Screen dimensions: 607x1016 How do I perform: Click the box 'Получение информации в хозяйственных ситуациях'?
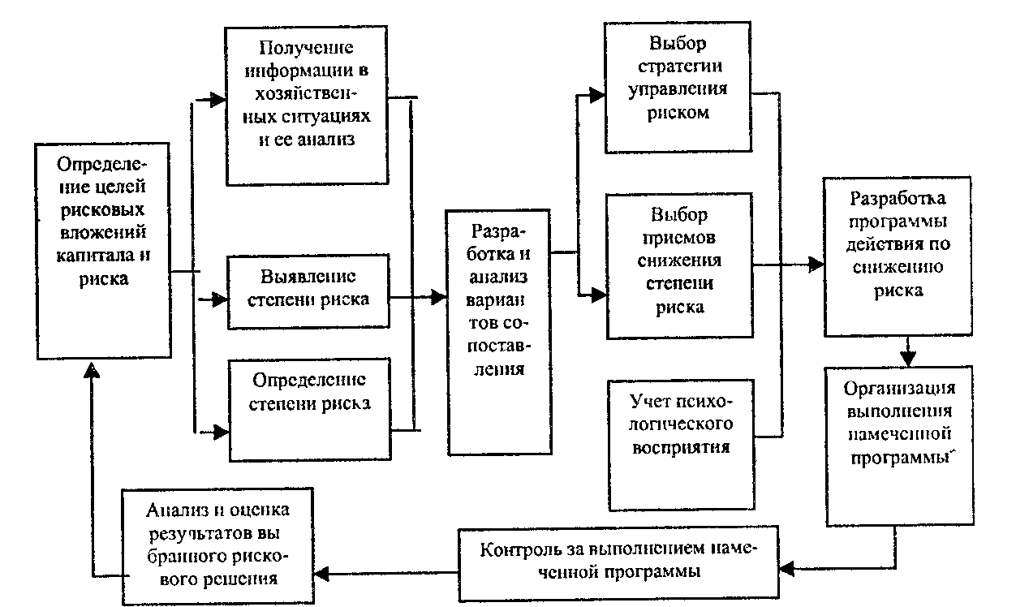click(306, 105)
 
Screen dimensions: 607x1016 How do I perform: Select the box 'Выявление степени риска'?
click(308, 287)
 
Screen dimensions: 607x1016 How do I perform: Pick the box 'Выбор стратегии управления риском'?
click(678, 88)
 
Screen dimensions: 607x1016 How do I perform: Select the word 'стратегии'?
click(678, 66)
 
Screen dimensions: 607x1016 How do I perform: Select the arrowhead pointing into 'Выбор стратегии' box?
click(598, 95)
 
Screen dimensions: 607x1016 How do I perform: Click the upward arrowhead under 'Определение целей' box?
click(94, 369)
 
